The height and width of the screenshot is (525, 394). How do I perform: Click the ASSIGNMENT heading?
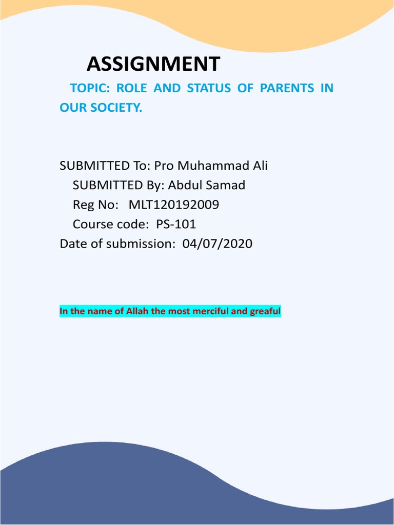pos(153,64)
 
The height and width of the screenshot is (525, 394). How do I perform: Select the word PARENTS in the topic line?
pos(286,88)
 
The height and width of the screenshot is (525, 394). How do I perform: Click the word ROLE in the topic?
pos(131,88)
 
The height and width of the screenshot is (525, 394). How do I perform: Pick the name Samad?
pos(227,185)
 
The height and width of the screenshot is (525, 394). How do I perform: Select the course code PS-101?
pos(176,224)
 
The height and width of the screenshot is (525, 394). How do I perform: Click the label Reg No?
pos(95,205)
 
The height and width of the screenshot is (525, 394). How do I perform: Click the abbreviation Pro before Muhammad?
pos(159,166)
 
